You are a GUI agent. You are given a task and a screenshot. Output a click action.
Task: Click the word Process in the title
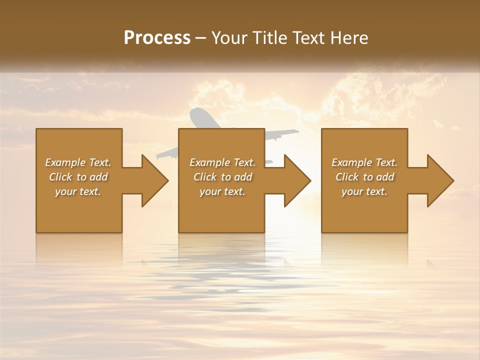[x=157, y=38]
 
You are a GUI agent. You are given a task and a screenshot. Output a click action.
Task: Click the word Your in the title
[x=229, y=38]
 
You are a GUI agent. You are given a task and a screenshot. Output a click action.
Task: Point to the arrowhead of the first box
[x=155, y=180]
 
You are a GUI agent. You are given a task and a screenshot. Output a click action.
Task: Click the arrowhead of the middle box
[x=297, y=180]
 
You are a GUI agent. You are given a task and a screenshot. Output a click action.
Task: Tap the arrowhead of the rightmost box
[x=440, y=180]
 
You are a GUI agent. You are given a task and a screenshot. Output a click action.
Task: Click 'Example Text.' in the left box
[x=78, y=162]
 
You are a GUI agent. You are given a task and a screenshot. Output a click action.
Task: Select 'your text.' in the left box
[x=78, y=191]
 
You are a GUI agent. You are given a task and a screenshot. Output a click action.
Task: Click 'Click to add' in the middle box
[x=222, y=177]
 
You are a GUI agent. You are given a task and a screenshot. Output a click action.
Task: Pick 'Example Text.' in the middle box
[x=222, y=162]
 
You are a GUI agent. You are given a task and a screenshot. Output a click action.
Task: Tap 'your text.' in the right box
[x=364, y=191]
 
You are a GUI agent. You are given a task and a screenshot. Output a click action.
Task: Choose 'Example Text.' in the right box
[x=364, y=162]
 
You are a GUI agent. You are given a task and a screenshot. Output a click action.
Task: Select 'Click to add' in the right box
[x=364, y=177]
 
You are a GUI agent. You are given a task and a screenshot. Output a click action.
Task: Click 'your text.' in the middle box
[x=222, y=191]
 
